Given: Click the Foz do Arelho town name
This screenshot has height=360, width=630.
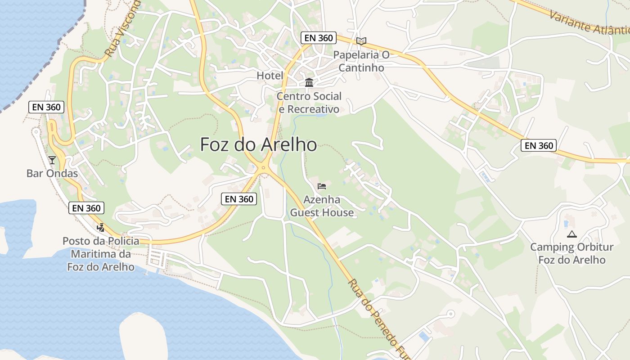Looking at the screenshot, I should [258, 145].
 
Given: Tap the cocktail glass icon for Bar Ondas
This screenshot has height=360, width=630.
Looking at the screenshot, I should [52, 160].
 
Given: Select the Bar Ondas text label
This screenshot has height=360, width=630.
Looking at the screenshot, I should [52, 173].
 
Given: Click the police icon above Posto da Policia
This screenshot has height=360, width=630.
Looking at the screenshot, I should [100, 227].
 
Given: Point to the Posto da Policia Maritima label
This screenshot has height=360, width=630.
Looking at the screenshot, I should [101, 254].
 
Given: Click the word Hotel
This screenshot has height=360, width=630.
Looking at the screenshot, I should [270, 76].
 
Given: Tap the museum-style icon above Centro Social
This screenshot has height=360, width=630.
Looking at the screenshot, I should [309, 82].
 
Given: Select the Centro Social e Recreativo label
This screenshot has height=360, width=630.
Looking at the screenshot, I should [309, 103].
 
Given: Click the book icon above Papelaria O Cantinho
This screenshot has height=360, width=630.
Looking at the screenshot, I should [361, 41].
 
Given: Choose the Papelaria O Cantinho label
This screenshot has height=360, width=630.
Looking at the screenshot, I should [361, 61].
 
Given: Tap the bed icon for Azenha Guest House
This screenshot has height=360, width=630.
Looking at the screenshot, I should [322, 186].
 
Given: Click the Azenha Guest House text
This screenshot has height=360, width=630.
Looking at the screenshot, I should [322, 206].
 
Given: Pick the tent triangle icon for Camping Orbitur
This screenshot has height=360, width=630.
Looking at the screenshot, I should [572, 234].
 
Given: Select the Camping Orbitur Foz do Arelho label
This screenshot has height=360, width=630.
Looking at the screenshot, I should [572, 253].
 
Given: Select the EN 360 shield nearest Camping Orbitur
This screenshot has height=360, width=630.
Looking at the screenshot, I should [539, 145].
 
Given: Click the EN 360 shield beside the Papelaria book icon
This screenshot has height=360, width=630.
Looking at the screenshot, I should [319, 38].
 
